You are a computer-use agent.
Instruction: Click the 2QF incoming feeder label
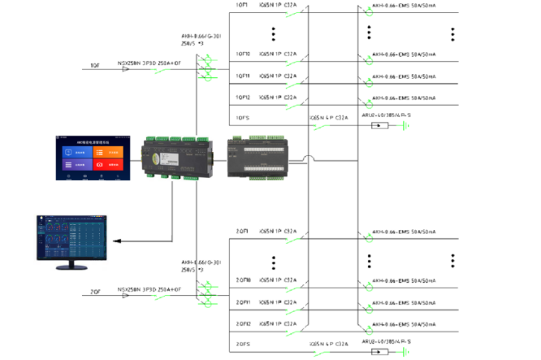click(95, 290)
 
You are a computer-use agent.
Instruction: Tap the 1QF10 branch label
click(243, 54)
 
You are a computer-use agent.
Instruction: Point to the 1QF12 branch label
click(243, 97)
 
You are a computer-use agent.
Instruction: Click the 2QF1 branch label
click(241, 232)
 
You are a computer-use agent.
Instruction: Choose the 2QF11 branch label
click(243, 301)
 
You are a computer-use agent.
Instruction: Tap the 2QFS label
click(241, 344)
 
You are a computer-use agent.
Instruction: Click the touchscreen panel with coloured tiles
click(90, 158)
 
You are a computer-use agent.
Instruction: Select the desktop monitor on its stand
click(73, 241)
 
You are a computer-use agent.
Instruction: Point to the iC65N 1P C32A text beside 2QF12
click(277, 323)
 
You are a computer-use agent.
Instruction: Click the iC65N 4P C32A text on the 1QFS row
click(328, 118)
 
